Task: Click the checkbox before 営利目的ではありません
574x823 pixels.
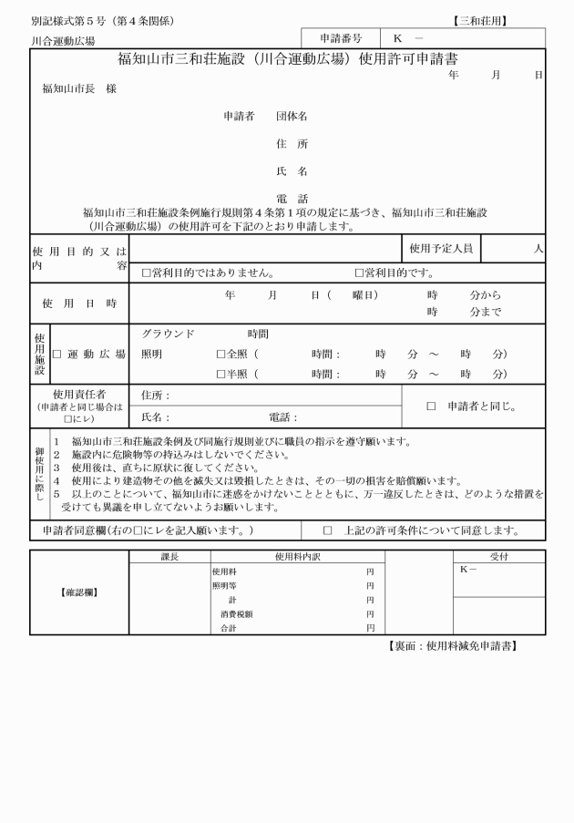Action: [x=147, y=273]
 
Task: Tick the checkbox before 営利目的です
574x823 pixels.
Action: [x=359, y=273]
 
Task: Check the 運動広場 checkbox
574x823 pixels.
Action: [x=56, y=354]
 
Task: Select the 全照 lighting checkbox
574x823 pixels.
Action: [x=220, y=354]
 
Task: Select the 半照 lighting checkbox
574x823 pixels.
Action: [x=220, y=374]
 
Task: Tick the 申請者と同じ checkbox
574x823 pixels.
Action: [x=431, y=406]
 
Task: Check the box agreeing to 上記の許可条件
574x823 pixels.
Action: [x=328, y=530]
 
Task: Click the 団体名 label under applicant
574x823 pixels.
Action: [x=292, y=117]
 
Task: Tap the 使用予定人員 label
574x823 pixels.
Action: [x=441, y=248]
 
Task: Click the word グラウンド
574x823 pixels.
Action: [x=168, y=334]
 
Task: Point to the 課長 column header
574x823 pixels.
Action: [x=169, y=556]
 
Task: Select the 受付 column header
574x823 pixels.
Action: [x=498, y=556]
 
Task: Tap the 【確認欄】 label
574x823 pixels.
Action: [x=79, y=593]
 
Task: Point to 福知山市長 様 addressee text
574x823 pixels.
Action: [x=79, y=89]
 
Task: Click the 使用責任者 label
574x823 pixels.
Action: [x=80, y=394]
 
